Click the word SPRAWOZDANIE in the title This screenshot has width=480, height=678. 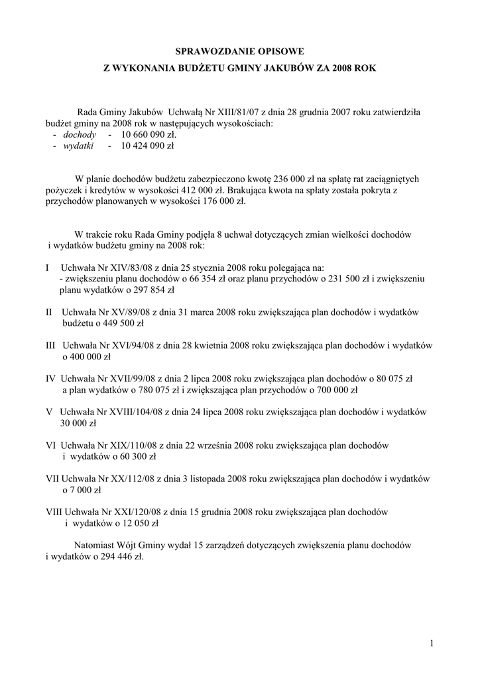pyautogui.click(x=210, y=50)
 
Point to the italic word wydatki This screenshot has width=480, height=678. pyautogui.click(x=78, y=146)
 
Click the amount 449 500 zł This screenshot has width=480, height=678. pyautogui.click(x=121, y=324)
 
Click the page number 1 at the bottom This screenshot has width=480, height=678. pyautogui.click(x=431, y=644)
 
